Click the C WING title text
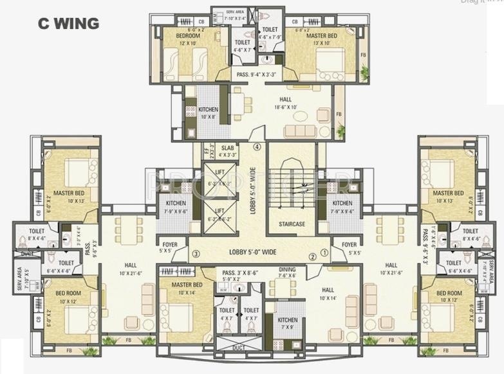[68, 24]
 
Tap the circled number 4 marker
[257, 147]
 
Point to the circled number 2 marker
[312, 256]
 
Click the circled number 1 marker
[324, 253]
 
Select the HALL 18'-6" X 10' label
[285, 103]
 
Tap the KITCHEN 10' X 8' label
[208, 113]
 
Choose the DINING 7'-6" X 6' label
[287, 272]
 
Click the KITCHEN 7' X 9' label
[287, 323]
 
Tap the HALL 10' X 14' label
[328, 294]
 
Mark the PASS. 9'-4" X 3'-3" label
[256, 75]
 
